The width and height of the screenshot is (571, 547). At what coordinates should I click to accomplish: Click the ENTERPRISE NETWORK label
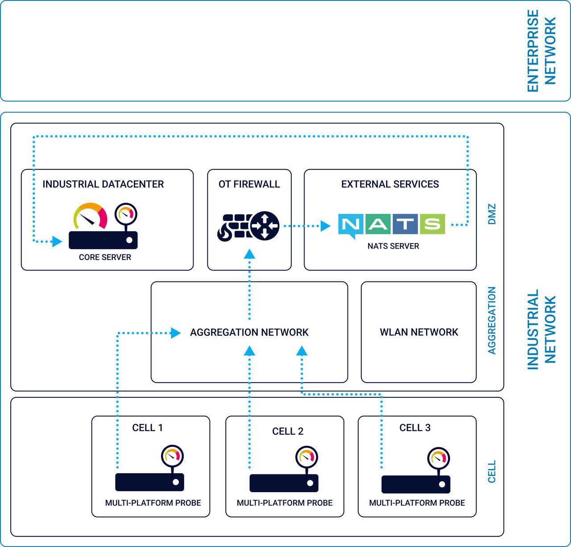[542, 51]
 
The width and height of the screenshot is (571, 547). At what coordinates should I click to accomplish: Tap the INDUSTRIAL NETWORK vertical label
[542, 330]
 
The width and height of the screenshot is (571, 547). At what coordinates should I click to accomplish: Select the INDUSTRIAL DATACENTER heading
[103, 184]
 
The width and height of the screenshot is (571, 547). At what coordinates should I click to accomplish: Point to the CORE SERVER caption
[105, 257]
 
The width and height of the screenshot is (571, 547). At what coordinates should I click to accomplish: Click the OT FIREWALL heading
[249, 184]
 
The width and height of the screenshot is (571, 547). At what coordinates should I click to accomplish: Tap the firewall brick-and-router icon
[248, 226]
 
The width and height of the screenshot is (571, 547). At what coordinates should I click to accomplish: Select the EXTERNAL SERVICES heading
[390, 184]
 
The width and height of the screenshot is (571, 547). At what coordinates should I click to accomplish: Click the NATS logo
[391, 225]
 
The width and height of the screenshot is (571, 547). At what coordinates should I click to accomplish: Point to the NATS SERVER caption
[393, 246]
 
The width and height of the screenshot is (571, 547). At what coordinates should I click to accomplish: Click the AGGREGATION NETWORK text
[249, 332]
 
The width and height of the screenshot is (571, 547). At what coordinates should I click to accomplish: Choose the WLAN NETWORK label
[419, 332]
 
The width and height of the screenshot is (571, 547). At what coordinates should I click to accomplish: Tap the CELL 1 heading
[147, 428]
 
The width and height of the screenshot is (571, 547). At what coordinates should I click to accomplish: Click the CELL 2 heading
[288, 431]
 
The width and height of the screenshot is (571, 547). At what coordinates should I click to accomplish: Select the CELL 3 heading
[415, 428]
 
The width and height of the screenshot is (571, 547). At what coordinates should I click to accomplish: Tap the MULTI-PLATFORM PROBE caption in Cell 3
[417, 503]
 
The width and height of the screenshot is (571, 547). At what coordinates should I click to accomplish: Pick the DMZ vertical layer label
[492, 214]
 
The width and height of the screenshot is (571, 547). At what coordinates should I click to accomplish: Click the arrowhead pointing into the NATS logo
[326, 226]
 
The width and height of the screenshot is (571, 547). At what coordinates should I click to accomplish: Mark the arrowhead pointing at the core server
[57, 241]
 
